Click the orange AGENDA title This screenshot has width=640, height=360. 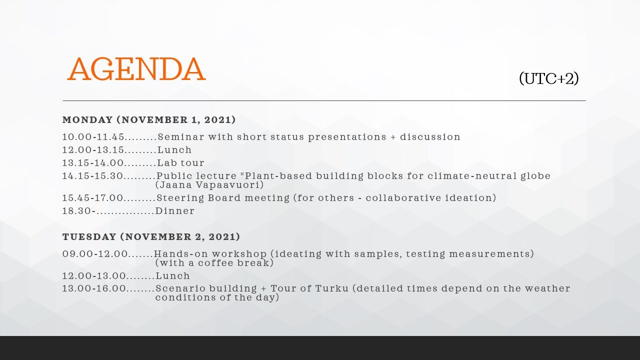tap(136, 69)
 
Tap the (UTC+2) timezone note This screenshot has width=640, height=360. tap(549, 78)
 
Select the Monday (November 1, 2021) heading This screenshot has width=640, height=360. tap(149, 119)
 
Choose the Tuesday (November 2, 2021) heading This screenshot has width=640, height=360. tap(151, 237)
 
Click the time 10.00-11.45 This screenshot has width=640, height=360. tap(93, 137)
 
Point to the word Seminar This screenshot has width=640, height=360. tap(181, 137)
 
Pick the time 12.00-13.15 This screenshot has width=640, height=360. tap(93, 150)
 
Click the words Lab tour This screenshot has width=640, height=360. tap(180, 163)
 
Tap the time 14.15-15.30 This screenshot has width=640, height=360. tap(92, 176)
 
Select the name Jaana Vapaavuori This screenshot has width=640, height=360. tap(209, 185)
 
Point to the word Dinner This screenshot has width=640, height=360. tap(175, 211)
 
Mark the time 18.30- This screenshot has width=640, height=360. tap(79, 211)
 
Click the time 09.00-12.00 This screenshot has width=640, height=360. tap(95, 254)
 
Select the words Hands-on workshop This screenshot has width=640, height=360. tap(210, 254)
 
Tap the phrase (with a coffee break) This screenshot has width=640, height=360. tap(214, 263)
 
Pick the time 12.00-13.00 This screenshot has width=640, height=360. tap(94, 276)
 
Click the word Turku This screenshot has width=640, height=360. tap(331, 288)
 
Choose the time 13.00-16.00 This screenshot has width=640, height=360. tap(94, 288)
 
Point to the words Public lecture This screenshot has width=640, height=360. tap(196, 176)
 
